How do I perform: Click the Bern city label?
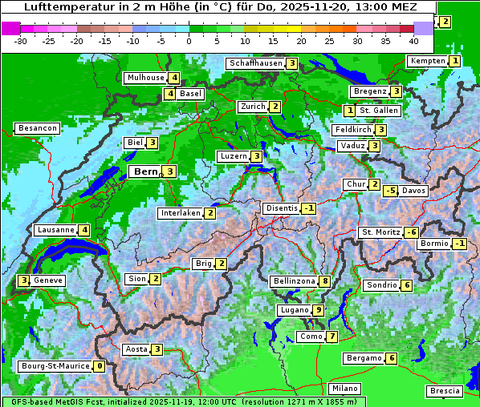tap(146, 171)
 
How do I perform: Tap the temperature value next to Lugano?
tap(319, 310)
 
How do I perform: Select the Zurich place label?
tap(253, 107)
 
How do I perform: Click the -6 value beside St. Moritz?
tap(411, 232)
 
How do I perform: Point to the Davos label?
tap(413, 191)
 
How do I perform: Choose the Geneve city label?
tap(48, 280)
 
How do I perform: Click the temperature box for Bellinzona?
tap(324, 281)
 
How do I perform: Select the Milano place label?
tap(345, 389)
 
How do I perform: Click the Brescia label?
tap(445, 391)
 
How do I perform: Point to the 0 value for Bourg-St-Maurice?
tap(99, 366)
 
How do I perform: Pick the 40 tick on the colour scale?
tap(413, 40)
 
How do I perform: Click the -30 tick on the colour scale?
tap(21, 40)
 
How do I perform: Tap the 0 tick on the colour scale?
tap(189, 40)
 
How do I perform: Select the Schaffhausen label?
tap(256, 63)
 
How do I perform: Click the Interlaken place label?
tap(180, 213)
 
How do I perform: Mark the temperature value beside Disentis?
tap(308, 208)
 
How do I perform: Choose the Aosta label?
tap(136, 349)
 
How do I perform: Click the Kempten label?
tap(427, 61)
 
